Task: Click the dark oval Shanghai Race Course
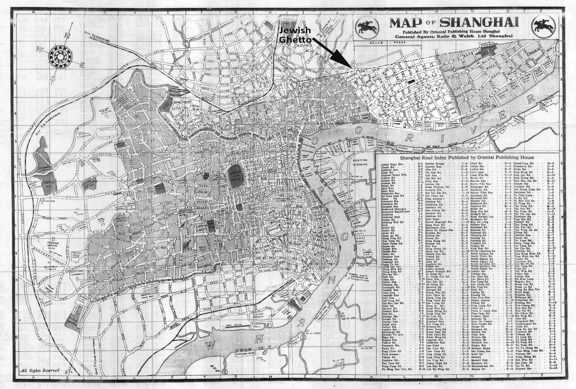point(236,176)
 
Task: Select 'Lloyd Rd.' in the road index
point(477,164)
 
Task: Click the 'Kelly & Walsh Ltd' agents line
point(454,36)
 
